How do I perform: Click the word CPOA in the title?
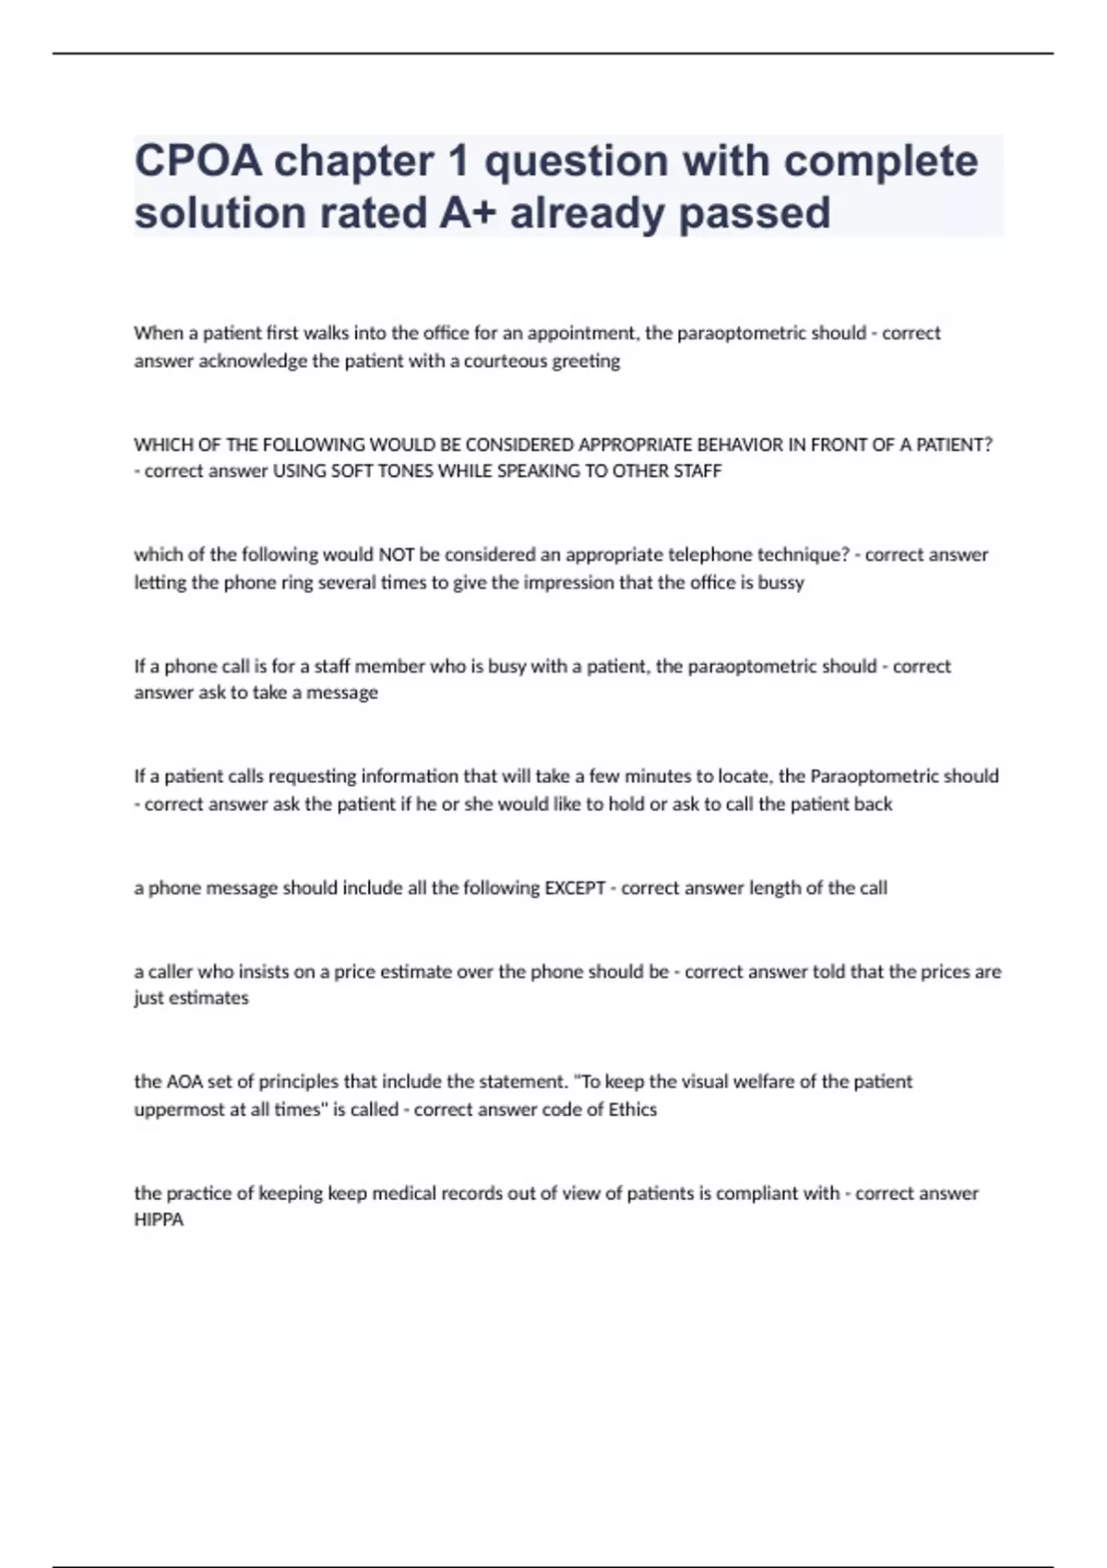pyautogui.click(x=197, y=161)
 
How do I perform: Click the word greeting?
pyautogui.click(x=586, y=362)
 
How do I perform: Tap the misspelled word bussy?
pyautogui.click(x=781, y=583)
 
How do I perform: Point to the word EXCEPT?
pyautogui.click(x=575, y=888)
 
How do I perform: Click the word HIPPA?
pyautogui.click(x=159, y=1220)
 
